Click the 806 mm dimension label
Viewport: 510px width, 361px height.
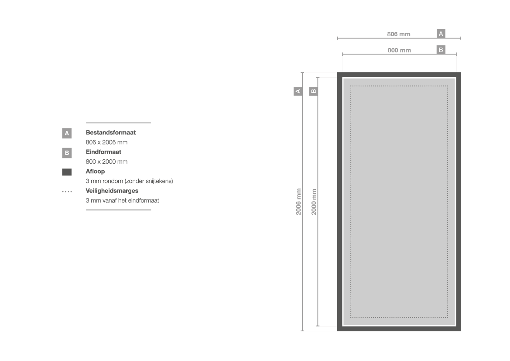(x=398, y=34)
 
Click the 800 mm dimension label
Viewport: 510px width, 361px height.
(x=399, y=50)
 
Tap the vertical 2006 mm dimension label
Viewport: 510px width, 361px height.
(x=298, y=202)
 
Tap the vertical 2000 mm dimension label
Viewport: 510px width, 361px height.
(x=314, y=202)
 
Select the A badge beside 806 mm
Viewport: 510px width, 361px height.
(x=441, y=34)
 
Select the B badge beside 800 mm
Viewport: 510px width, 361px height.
(x=441, y=50)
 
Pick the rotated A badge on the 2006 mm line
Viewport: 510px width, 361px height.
(x=298, y=91)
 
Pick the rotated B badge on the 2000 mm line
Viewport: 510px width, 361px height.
(x=313, y=91)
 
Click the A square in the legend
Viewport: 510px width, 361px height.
(x=67, y=133)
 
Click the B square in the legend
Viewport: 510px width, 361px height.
(x=67, y=153)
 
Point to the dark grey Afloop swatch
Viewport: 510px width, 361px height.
(x=67, y=172)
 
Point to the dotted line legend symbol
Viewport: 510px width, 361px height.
(x=67, y=192)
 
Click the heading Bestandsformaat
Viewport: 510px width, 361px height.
(x=110, y=133)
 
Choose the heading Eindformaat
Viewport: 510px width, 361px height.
(x=103, y=152)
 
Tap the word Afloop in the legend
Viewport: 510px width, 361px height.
(x=95, y=171)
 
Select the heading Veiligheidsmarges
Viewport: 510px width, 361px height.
(x=112, y=191)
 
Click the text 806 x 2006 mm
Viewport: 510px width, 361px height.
(x=107, y=142)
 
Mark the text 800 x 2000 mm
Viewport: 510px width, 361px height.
(x=107, y=162)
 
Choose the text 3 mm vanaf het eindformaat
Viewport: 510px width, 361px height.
(x=122, y=200)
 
